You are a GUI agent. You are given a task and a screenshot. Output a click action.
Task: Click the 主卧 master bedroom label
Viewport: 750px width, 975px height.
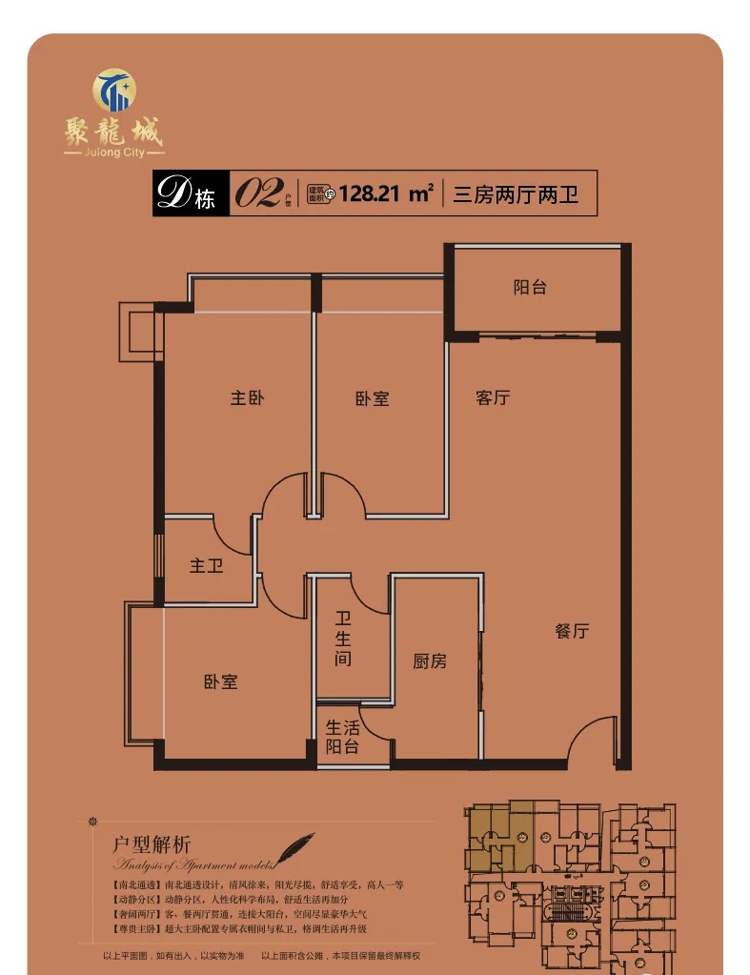coord(247,397)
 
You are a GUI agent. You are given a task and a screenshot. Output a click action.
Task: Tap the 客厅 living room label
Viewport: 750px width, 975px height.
coord(493,397)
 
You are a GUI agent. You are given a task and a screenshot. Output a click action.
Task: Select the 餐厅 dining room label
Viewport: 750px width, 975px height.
coord(572,631)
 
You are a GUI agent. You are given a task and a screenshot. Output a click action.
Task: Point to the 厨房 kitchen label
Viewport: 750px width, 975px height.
coord(430,660)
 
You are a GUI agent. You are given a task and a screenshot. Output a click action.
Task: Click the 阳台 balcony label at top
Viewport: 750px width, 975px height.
coord(530,286)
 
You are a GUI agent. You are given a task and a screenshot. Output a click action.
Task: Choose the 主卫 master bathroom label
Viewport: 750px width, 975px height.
coord(206,566)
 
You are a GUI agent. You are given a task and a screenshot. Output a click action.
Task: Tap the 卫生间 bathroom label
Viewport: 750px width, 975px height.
coord(343,639)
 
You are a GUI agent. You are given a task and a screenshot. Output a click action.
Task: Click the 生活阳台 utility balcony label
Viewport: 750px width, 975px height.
coord(343,737)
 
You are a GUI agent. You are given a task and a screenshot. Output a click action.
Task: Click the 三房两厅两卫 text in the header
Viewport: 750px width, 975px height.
coord(516,194)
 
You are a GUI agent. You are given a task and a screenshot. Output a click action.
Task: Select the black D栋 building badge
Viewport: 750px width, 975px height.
coord(191,194)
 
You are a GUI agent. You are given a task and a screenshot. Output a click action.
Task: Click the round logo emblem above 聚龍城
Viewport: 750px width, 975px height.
coord(114,90)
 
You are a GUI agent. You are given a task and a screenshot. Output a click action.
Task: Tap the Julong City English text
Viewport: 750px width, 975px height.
coord(113,152)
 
